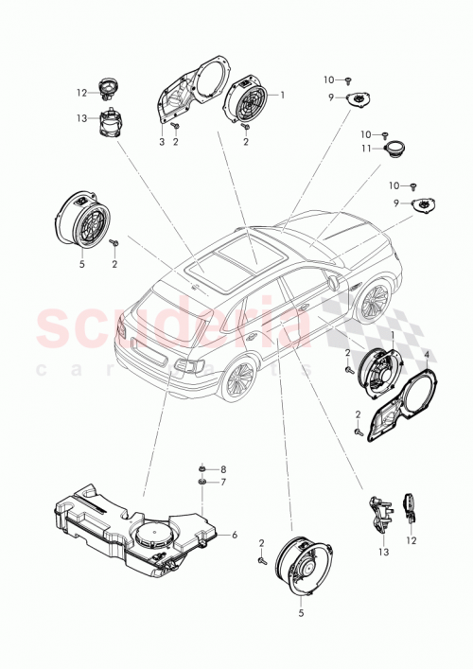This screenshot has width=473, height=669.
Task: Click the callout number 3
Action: (162, 141)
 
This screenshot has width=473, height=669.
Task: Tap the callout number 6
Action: (234, 536)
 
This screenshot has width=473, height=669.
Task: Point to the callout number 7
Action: (224, 483)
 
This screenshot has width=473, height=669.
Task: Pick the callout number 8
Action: (224, 469)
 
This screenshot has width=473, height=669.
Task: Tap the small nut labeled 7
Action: (201, 483)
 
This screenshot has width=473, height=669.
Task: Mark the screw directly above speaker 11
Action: (387, 133)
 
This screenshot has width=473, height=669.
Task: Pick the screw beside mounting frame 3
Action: (176, 126)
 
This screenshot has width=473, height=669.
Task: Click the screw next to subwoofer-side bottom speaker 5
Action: (257, 562)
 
